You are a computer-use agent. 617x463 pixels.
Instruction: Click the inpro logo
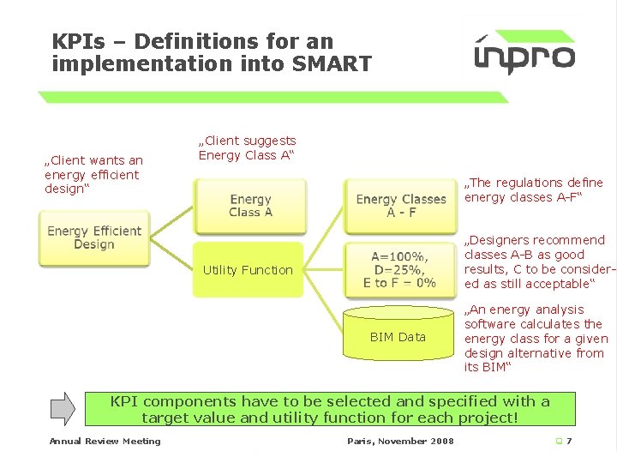tap(524, 53)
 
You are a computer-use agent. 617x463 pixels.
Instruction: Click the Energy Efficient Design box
tap(93, 238)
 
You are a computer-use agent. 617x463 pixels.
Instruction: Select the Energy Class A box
tap(250, 206)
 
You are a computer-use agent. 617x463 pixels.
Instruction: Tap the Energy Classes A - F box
tap(400, 206)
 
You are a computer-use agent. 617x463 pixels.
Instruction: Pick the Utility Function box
tap(248, 270)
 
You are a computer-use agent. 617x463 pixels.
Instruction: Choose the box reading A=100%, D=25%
tap(400, 268)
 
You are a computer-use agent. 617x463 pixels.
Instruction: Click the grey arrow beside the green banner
tap(63, 408)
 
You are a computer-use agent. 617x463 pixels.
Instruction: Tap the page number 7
tap(569, 442)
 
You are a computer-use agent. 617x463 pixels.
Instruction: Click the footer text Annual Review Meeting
tap(105, 442)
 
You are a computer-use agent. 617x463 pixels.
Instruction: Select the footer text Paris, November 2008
tap(400, 442)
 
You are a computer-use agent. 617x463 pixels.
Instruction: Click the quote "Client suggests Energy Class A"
tap(247, 147)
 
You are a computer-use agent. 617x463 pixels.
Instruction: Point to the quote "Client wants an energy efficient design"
tap(93, 174)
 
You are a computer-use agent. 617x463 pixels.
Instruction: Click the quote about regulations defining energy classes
tap(533, 189)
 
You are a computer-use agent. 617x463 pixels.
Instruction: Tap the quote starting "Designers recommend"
tap(536, 262)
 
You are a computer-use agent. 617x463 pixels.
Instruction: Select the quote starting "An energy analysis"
tap(533, 338)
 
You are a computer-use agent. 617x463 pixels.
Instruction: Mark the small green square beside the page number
tap(558, 442)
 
